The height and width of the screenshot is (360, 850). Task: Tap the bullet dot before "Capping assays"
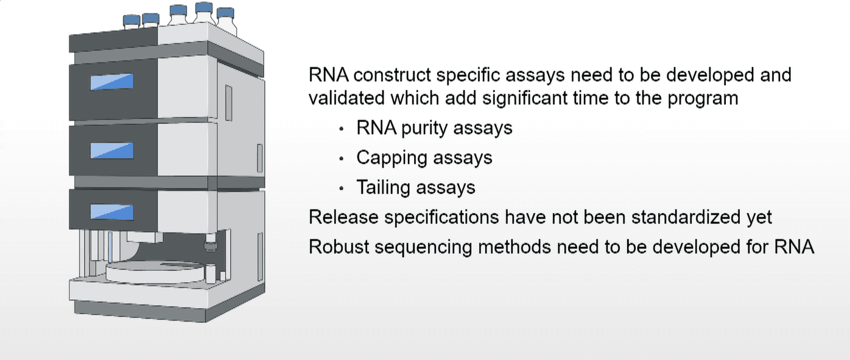[342, 158]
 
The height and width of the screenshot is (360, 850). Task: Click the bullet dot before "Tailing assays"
[342, 188]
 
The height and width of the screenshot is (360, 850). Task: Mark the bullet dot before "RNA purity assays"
[342, 129]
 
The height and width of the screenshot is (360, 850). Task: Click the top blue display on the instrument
[112, 82]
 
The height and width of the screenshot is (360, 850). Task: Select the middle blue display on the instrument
[112, 150]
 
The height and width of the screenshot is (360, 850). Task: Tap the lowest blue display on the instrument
[112, 212]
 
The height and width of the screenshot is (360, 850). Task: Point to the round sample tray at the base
[155, 270]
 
